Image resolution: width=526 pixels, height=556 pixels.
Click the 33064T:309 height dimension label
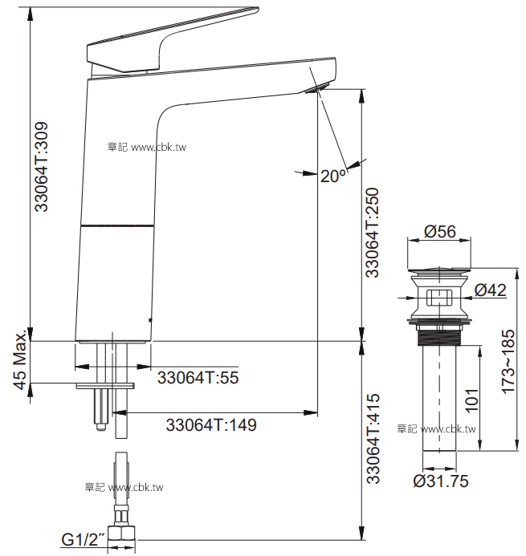[41, 167]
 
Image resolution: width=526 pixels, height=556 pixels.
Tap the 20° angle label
[333, 176]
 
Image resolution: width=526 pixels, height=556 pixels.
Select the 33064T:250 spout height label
[373, 232]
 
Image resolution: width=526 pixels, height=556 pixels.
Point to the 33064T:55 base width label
[198, 377]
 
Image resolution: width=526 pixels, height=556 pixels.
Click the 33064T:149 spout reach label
[211, 424]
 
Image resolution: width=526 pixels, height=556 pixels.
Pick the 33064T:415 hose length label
[373, 438]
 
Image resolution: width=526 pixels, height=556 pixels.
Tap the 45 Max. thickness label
[21, 359]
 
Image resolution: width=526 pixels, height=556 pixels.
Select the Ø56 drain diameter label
[440, 232]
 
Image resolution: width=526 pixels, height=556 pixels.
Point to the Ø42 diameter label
[491, 290]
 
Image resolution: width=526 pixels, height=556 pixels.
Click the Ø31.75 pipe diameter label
[441, 481]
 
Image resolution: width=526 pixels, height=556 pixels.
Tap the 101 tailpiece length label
[471, 400]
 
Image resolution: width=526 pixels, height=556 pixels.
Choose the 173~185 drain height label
[508, 361]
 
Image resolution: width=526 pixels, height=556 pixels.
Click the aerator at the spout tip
[318, 88]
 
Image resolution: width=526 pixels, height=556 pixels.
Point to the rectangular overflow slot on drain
[439, 298]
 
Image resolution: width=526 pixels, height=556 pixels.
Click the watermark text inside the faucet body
[147, 147]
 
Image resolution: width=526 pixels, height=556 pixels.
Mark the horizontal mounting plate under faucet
[105, 386]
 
